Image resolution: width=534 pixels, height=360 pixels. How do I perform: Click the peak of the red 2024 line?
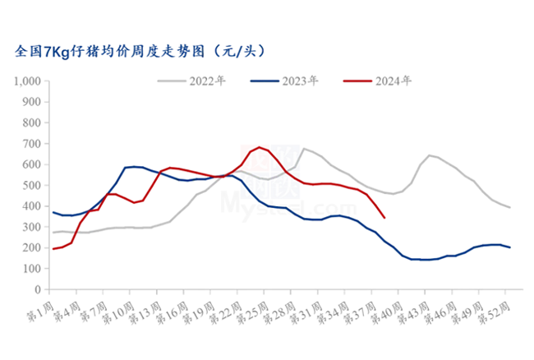[260, 147]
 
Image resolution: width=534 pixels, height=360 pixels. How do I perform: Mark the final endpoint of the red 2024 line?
[385, 218]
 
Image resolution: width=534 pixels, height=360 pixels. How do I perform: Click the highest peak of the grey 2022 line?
[304, 149]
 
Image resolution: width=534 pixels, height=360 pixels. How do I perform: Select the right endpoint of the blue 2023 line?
[510, 247]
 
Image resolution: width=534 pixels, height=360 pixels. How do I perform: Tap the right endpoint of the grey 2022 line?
[510, 207]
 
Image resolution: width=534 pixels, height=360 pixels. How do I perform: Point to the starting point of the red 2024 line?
[53, 248]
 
